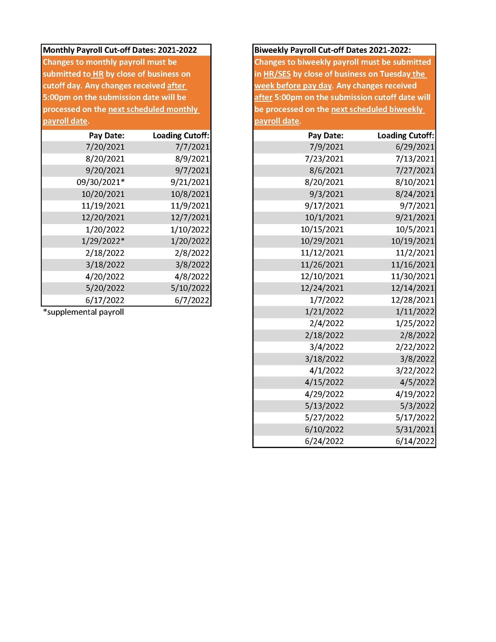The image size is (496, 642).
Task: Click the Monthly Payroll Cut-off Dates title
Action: click(x=120, y=50)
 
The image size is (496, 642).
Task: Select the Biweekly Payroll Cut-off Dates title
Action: click(x=332, y=50)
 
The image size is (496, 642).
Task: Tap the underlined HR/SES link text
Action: click(x=277, y=74)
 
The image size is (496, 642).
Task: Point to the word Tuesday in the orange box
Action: click(x=395, y=74)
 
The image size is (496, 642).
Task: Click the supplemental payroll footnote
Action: click(x=84, y=312)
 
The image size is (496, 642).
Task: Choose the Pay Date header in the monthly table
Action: click(x=106, y=135)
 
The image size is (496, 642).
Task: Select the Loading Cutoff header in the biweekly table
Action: click(x=405, y=135)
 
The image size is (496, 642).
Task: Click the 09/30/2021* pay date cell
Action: click(x=100, y=182)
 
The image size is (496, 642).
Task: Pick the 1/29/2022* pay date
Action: click(x=103, y=241)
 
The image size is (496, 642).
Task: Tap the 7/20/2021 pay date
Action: click(x=105, y=147)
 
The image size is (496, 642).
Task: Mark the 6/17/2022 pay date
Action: click(x=105, y=300)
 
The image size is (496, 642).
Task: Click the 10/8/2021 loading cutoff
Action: click(x=190, y=194)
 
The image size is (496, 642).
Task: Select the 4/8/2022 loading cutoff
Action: click(x=192, y=277)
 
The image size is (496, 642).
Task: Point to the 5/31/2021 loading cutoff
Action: click(x=415, y=429)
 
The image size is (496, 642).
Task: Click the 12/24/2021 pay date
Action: click(x=322, y=288)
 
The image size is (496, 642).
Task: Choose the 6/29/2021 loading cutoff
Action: click(x=415, y=147)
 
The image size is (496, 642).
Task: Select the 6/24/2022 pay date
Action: click(x=324, y=441)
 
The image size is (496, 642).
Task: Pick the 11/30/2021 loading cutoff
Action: click(x=412, y=276)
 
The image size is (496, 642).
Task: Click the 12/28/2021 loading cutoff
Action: click(x=412, y=300)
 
